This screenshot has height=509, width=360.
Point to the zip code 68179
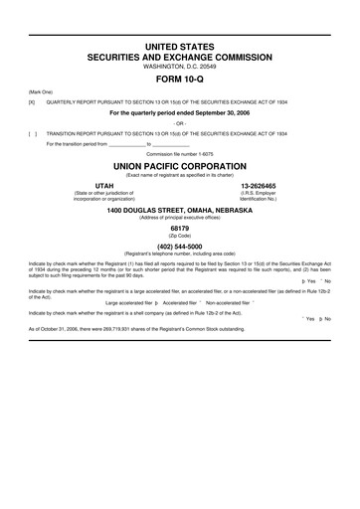pyautogui.click(x=180, y=227)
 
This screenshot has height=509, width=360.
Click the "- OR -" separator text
pyautogui.click(x=180, y=122)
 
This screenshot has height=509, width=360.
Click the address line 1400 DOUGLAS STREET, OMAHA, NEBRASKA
pyautogui.click(x=180, y=209)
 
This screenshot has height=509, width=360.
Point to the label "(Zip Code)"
pyautogui.click(x=180, y=235)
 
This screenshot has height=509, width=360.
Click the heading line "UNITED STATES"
pyautogui.click(x=180, y=48)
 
